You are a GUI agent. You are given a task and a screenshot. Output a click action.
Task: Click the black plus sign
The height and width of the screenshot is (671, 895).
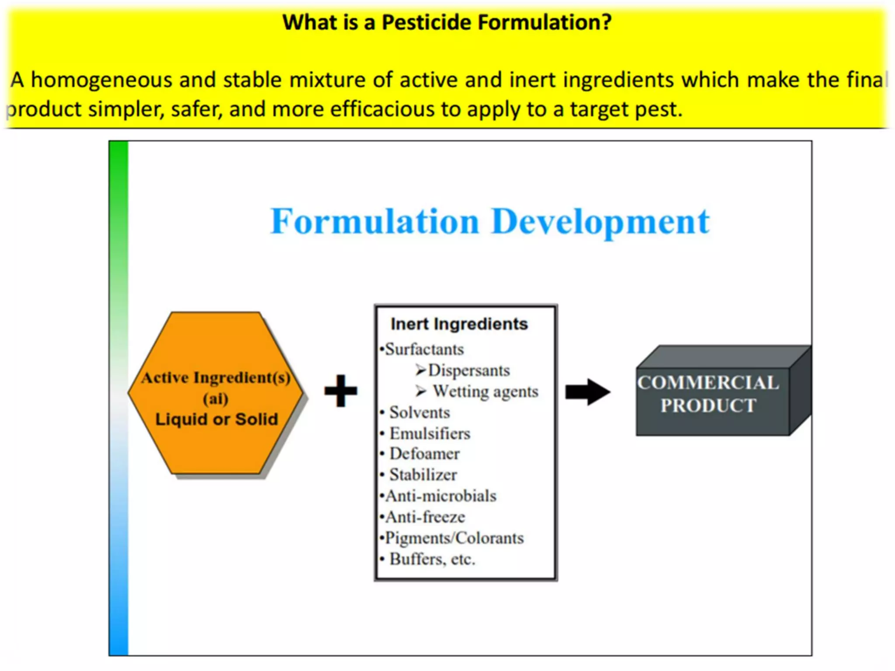(341, 391)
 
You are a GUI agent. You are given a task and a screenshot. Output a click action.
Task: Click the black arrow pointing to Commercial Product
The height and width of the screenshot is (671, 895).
(587, 391)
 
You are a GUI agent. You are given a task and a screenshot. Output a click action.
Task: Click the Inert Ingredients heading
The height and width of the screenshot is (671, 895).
(459, 324)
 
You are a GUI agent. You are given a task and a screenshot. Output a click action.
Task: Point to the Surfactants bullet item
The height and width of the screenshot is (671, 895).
(424, 349)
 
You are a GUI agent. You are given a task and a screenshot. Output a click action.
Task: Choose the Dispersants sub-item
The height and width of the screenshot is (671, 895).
(468, 370)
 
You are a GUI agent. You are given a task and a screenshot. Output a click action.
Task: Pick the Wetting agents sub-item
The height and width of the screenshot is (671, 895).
(485, 391)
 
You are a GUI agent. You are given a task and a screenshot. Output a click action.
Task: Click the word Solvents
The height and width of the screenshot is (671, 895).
(420, 412)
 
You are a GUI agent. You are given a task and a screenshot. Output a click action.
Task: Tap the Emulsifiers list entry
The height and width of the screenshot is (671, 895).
(430, 433)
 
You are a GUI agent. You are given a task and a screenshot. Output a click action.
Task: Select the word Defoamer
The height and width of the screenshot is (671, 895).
(424, 454)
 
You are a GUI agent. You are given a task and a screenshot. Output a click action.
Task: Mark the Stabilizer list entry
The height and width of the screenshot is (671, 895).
(423, 475)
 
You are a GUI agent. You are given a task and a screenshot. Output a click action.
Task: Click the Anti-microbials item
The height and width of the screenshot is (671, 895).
(441, 496)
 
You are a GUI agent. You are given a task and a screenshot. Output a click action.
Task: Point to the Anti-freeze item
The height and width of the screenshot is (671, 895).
(425, 517)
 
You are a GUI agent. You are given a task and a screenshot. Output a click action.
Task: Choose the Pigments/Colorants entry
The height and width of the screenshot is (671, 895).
(454, 538)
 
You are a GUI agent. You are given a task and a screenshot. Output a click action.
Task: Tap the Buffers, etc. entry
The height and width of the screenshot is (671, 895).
(432, 559)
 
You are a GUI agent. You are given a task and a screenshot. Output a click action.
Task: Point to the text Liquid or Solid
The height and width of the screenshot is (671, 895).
(217, 419)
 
